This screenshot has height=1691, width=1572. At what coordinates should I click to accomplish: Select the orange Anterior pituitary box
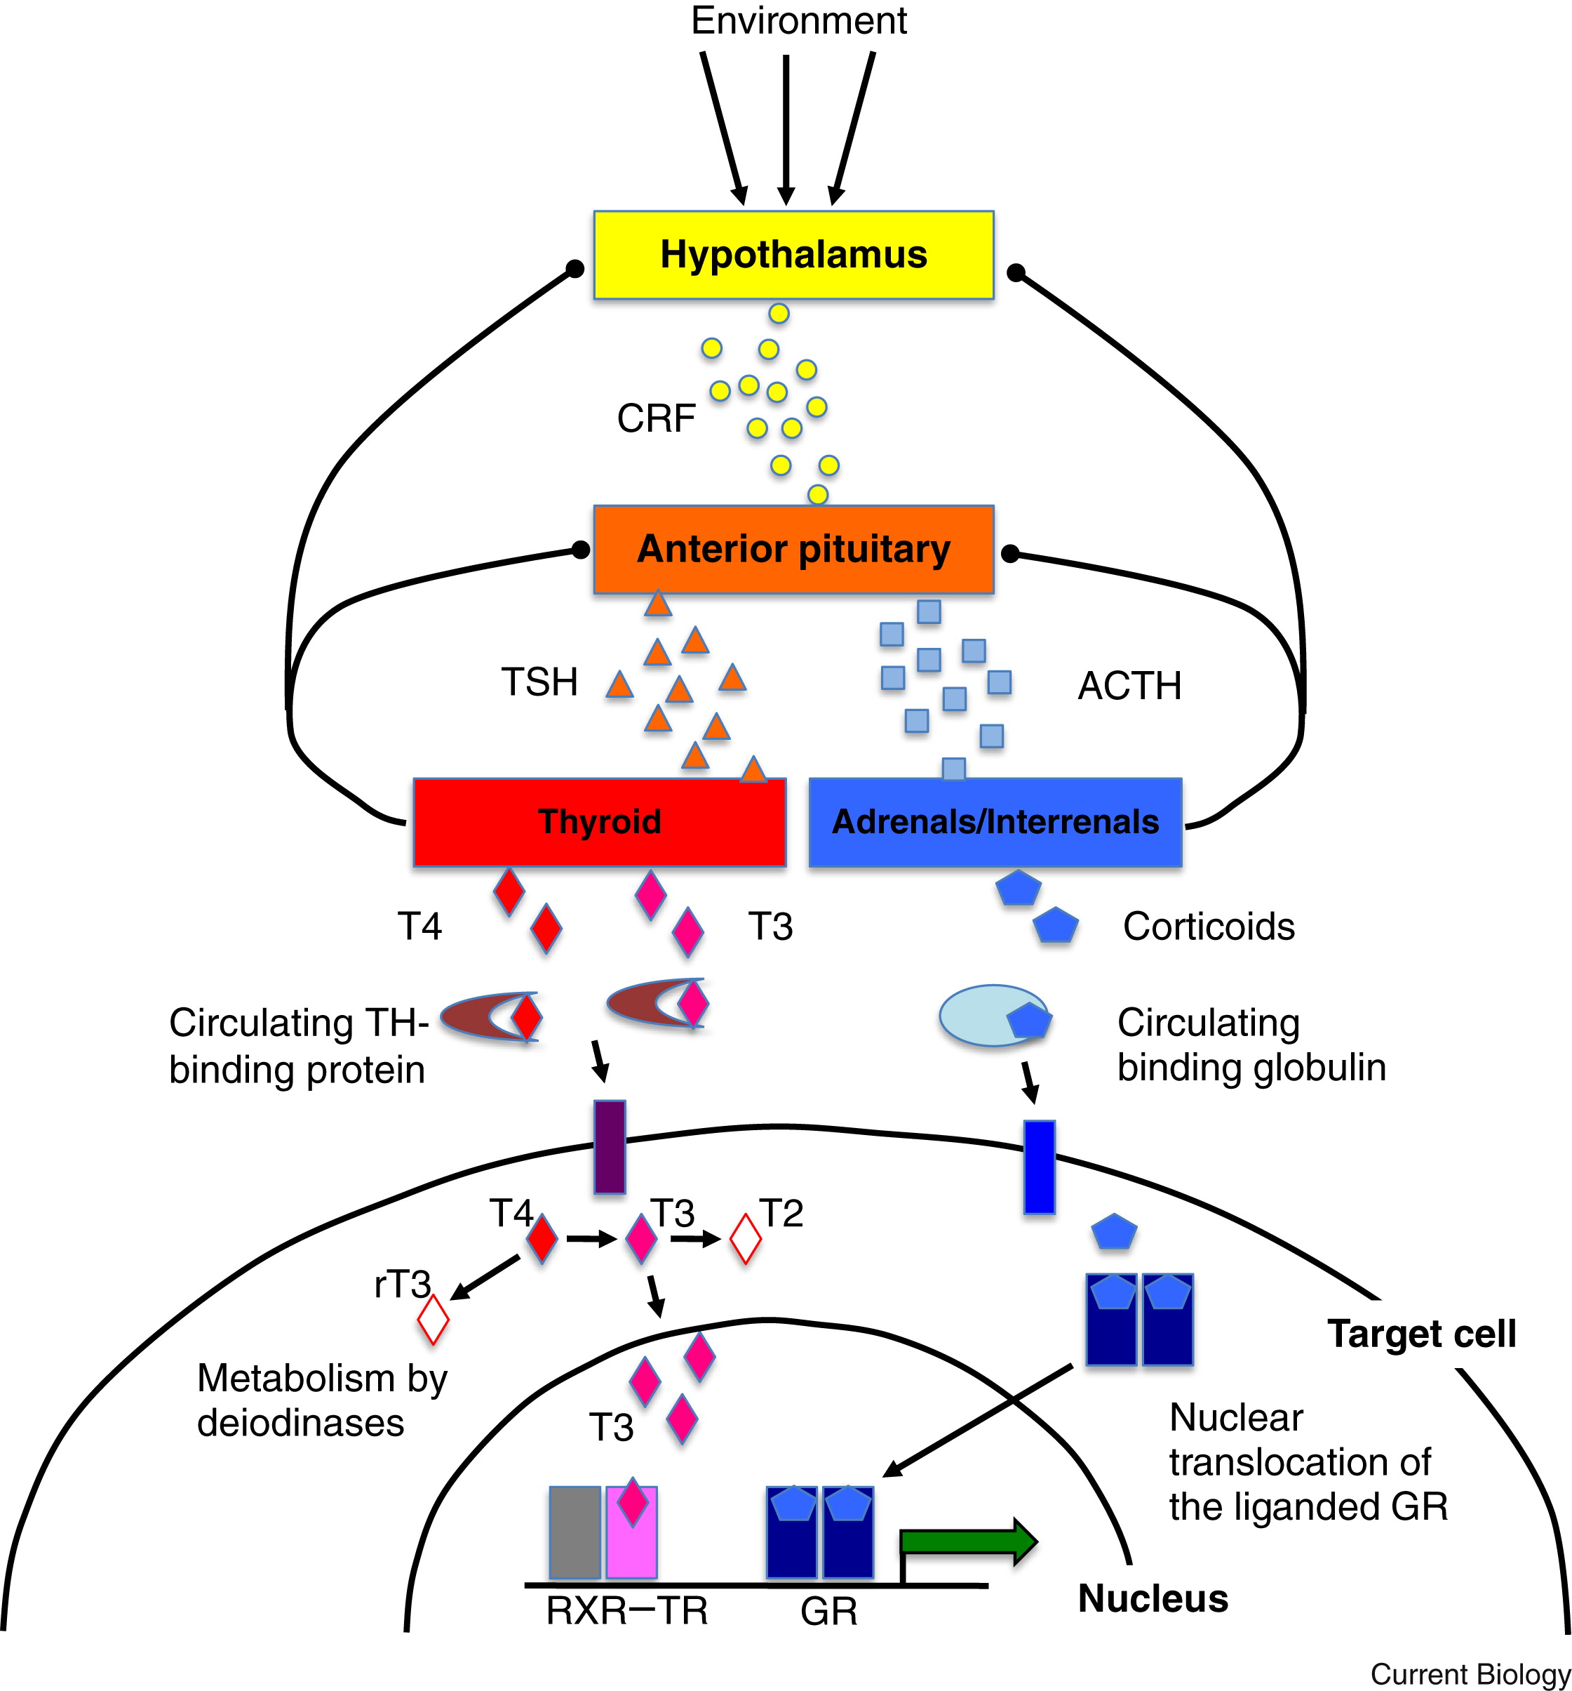(793, 550)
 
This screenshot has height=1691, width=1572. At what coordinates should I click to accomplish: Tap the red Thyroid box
(599, 822)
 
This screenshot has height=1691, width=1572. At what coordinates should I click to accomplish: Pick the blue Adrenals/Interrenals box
(995, 822)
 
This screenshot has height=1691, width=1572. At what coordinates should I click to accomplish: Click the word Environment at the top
(798, 20)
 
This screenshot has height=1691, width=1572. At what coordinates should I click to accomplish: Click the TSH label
(539, 682)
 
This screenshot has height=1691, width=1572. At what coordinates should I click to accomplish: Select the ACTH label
(1129, 686)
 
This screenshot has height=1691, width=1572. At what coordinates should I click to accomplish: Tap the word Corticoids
(1208, 927)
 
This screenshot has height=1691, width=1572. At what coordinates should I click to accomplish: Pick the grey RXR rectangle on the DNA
(575, 1532)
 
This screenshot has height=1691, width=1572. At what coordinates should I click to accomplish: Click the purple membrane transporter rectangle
(609, 1146)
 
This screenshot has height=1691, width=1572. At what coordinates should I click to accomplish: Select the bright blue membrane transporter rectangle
(1039, 1166)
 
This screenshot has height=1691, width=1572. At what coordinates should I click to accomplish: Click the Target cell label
(1421, 1334)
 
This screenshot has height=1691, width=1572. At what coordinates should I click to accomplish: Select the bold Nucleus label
(1153, 1598)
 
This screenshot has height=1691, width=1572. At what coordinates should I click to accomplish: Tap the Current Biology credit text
(1470, 1673)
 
